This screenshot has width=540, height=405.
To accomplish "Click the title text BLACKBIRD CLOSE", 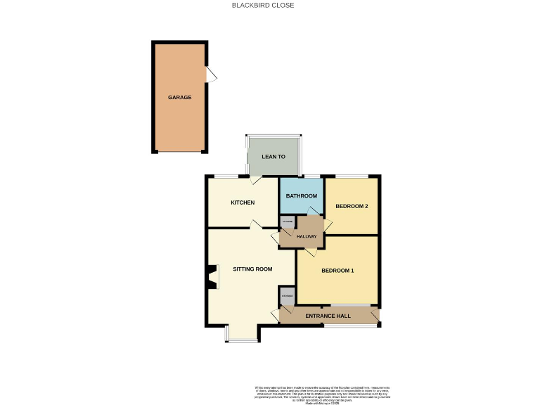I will pyautogui.click(x=263, y=5).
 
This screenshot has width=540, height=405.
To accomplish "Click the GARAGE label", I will pyautogui.click(x=179, y=97).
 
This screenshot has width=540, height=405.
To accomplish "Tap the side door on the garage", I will pyautogui.click(x=211, y=74).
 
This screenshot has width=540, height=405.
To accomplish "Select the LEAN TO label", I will pyautogui.click(x=273, y=156).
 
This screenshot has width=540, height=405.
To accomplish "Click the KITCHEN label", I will pyautogui.click(x=243, y=202).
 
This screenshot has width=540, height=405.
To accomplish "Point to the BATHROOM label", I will pyautogui.click(x=301, y=195).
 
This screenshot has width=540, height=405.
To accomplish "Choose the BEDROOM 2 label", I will pyautogui.click(x=352, y=206).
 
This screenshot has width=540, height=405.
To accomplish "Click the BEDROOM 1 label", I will pyautogui.click(x=337, y=271).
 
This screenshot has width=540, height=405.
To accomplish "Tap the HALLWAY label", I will pyautogui.click(x=307, y=237).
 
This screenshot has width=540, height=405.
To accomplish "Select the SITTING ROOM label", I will pyautogui.click(x=252, y=269).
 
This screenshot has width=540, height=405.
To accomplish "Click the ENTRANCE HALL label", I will pyautogui.click(x=328, y=316).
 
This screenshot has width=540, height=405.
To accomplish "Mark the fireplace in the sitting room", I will pyautogui.click(x=212, y=277).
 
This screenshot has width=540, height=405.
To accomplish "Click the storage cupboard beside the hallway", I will pyautogui.click(x=287, y=223).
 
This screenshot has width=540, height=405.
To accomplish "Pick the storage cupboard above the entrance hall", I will pyautogui.click(x=287, y=297).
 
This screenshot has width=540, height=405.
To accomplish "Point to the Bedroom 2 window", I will pyautogui.click(x=351, y=175).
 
